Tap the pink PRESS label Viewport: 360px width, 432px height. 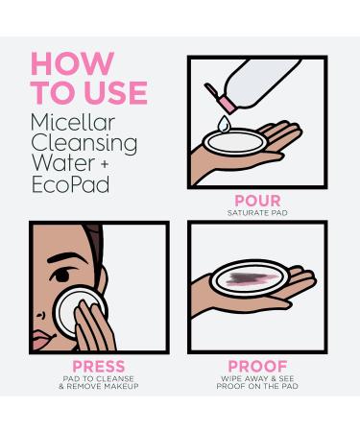(99, 366)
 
